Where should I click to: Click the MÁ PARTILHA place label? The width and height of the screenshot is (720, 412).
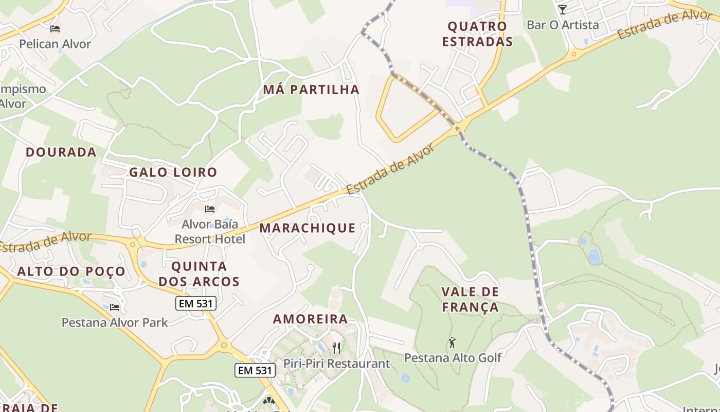click(311, 90)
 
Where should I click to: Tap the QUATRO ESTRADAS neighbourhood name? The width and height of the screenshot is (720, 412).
click(477, 34)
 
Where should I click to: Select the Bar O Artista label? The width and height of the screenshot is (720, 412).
click(563, 25)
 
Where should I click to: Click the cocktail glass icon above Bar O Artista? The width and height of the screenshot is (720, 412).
click(563, 10)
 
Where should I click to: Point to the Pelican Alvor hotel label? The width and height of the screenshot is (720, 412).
click(55, 44)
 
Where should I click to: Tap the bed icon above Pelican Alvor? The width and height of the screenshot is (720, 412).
click(55, 29)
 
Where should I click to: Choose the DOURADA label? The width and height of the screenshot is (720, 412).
click(61, 152)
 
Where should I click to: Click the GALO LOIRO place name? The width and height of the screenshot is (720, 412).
click(173, 172)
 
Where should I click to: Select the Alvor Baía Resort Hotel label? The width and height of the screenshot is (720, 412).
click(210, 231)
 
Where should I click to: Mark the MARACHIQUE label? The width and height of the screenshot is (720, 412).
click(308, 228)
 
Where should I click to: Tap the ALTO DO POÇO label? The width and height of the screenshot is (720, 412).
click(71, 271)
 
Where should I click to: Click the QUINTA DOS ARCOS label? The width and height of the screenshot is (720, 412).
click(199, 274)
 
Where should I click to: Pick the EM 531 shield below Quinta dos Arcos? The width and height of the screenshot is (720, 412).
click(195, 303)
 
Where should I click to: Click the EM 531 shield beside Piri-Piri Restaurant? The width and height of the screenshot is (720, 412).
click(255, 370)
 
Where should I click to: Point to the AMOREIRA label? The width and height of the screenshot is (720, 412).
click(310, 319)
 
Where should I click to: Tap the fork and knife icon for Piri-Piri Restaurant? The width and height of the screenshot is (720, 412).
click(336, 348)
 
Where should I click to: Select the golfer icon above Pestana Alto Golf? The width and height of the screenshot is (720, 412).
click(452, 342)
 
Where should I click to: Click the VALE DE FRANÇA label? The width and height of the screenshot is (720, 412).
click(470, 300)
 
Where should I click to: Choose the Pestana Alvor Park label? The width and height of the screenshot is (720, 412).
click(115, 322)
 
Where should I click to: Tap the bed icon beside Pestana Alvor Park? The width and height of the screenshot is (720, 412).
click(115, 307)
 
